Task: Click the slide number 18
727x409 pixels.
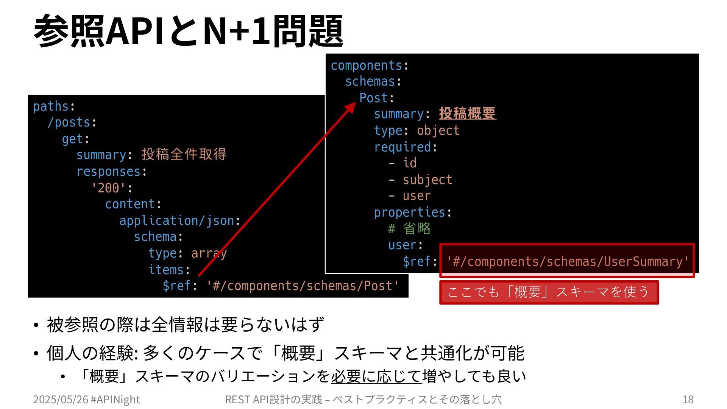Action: click(x=688, y=400)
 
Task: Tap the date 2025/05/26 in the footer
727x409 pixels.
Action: click(x=60, y=400)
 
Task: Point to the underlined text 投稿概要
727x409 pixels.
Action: click(x=467, y=114)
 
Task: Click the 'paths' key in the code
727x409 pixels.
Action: click(x=51, y=106)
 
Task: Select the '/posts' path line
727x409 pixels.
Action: click(x=69, y=123)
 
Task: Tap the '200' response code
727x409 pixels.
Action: click(x=109, y=188)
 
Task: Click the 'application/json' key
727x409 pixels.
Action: click(x=177, y=220)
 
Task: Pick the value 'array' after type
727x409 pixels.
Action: click(x=209, y=253)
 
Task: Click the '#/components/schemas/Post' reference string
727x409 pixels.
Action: click(x=303, y=286)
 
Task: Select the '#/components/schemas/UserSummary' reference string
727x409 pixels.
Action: click(x=567, y=261)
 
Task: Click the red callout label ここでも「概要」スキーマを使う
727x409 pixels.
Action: click(x=549, y=292)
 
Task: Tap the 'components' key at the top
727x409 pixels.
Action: click(x=366, y=66)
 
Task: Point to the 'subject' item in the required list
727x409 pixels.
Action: click(x=427, y=180)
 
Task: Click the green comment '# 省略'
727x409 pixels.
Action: click(x=409, y=229)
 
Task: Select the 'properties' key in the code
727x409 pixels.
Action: click(x=409, y=212)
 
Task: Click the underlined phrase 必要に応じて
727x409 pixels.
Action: click(x=376, y=376)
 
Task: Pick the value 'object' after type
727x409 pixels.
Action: click(x=438, y=131)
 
